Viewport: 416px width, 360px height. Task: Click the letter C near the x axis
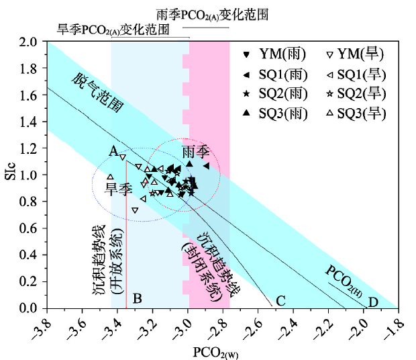point(281,300)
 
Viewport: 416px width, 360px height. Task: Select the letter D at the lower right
point(373,302)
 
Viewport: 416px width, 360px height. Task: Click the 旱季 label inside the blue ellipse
point(117,189)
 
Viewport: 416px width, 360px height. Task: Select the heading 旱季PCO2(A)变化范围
point(112,30)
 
